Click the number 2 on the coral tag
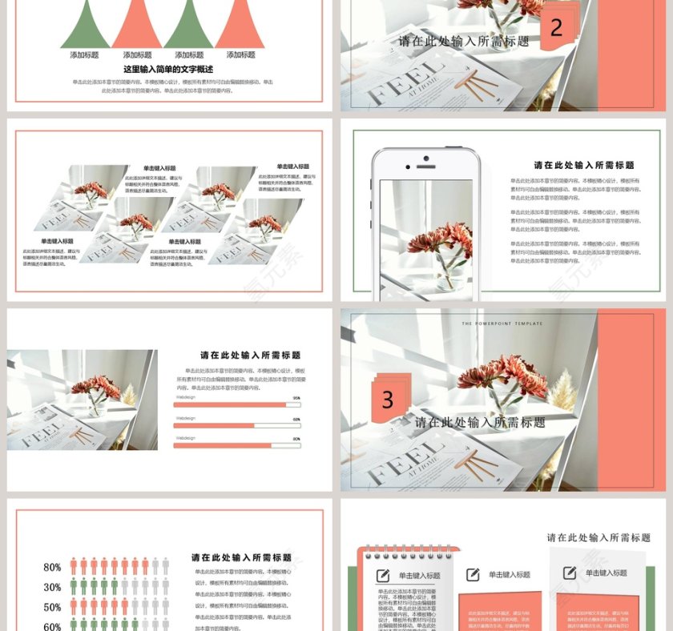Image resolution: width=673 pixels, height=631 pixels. pos(556,29)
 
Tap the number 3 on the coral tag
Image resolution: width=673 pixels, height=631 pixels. pos(388,399)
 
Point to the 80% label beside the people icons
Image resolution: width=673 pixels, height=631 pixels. pos(52,568)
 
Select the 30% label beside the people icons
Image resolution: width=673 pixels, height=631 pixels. pos(52,588)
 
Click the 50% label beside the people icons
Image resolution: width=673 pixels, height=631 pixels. pos(52,608)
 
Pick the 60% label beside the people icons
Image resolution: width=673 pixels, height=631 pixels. pos(52,626)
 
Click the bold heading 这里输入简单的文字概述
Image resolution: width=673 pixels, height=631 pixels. pos(168,70)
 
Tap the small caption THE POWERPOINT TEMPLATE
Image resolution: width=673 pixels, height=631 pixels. pos(502,324)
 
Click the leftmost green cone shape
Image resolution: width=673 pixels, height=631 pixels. pos(85,24)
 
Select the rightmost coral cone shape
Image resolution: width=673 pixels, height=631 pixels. pos(240,24)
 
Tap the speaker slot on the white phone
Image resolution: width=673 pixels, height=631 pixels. pos(425,166)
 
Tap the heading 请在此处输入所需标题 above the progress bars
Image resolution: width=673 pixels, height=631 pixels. pos(251,356)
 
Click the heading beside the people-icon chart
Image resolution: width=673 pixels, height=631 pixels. pos(241,557)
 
